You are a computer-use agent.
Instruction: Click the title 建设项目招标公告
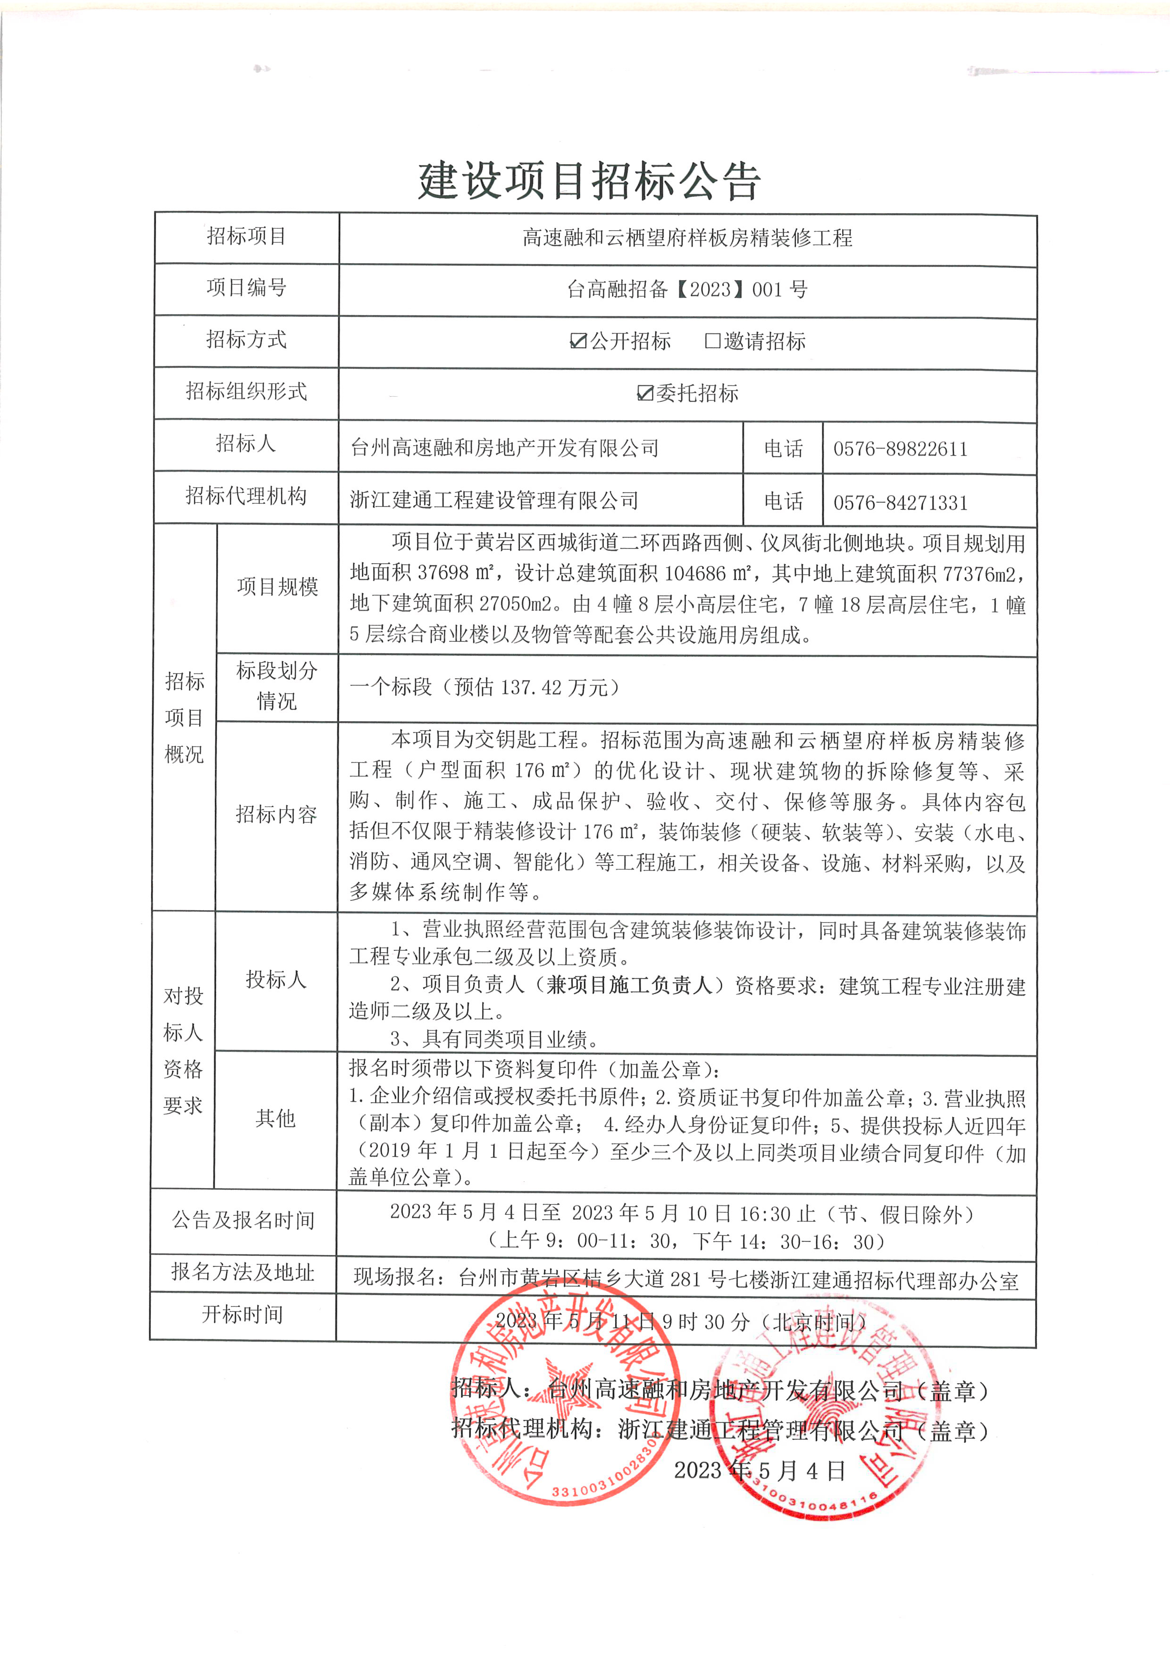[589, 180]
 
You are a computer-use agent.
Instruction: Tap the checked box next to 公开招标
[578, 341]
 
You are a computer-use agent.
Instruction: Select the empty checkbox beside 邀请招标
[712, 341]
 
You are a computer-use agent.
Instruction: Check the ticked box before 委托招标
[645, 392]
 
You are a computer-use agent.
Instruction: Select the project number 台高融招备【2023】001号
[687, 290]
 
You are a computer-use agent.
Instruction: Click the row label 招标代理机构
[246, 496]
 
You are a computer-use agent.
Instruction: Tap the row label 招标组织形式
[246, 391]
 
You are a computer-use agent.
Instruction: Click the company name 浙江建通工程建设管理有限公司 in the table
[494, 500]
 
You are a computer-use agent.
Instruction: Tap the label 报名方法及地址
[243, 1272]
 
